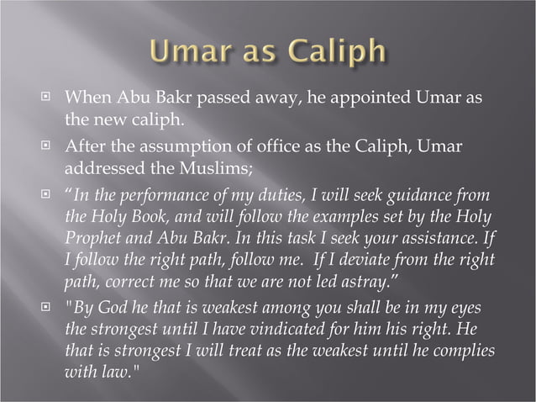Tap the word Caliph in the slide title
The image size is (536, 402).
[336, 51]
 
